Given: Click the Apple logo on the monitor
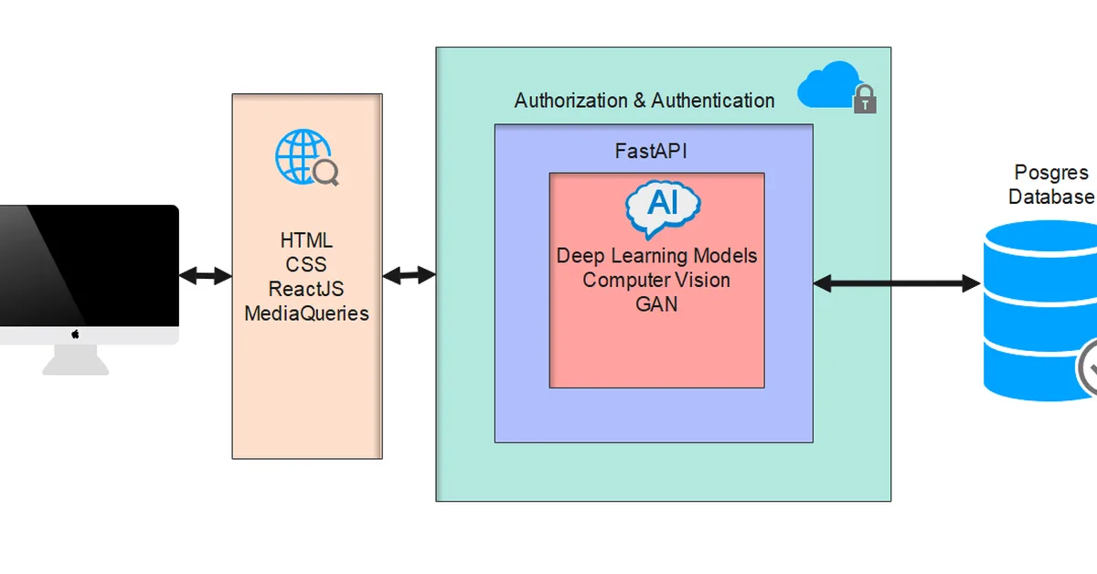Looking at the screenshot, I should [75, 335].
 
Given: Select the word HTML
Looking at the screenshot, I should [306, 241].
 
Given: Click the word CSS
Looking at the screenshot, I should [306, 265].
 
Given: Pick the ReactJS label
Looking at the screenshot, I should [306, 289].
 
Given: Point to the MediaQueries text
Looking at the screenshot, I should [306, 314].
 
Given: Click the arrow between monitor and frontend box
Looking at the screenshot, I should [206, 275].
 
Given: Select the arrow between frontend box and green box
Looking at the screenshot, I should [409, 275].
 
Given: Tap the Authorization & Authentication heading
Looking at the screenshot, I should [644, 101].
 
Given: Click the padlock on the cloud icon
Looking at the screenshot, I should [865, 101].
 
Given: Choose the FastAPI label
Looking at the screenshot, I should [650, 151].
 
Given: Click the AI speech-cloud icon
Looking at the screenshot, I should [663, 208].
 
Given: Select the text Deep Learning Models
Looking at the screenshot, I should [656, 255].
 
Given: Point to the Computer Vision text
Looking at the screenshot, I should [656, 280].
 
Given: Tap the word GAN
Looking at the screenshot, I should [656, 304].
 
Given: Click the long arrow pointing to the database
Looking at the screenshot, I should [896, 283].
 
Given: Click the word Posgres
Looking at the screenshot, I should [1051, 173].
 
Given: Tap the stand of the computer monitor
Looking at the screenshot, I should [75, 360].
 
